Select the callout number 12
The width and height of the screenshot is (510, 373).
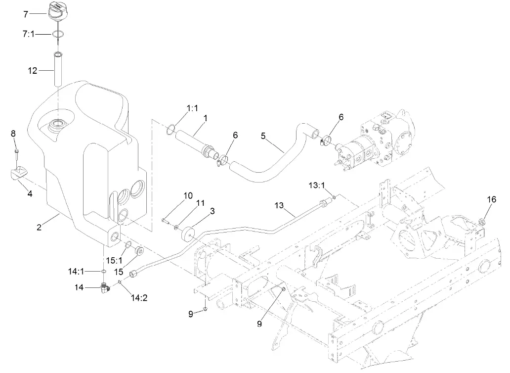[x=32, y=71]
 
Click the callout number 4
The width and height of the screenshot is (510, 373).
[x=30, y=194]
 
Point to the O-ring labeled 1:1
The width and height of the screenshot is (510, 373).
[x=170, y=130]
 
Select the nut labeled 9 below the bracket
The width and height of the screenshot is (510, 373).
[x=205, y=310]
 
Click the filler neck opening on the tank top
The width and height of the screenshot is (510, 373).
[x=58, y=124]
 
